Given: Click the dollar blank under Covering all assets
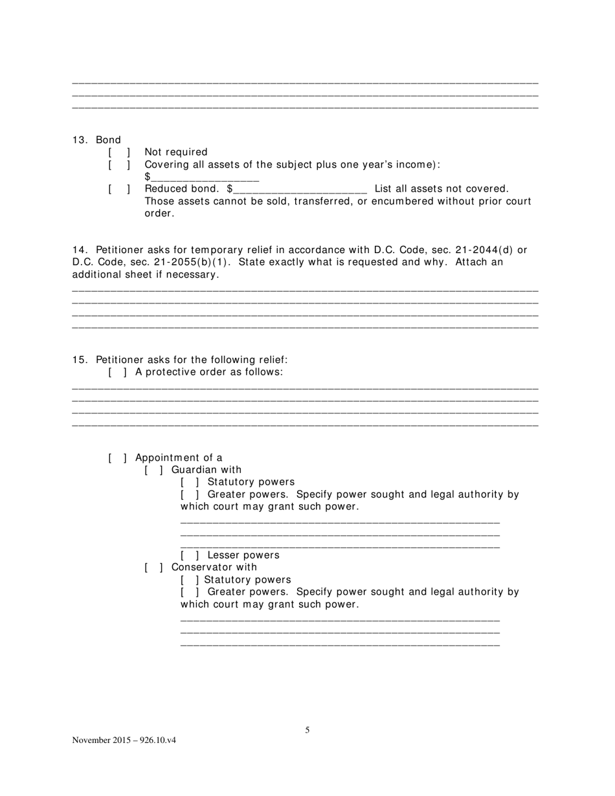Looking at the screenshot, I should (x=205, y=177).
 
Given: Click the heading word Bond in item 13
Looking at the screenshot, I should (x=108, y=140).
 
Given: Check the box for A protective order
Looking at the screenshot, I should (x=117, y=372).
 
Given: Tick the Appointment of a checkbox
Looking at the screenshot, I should (x=117, y=458).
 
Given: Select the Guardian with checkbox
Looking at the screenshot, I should (x=153, y=470).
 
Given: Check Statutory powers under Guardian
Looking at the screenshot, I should (x=190, y=482).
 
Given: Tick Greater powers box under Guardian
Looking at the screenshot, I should (x=190, y=494).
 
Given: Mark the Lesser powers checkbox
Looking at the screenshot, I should (x=190, y=555).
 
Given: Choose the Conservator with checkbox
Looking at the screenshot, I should (x=153, y=568).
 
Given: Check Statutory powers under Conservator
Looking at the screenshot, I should (x=189, y=580).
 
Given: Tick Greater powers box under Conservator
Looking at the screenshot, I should (x=190, y=592).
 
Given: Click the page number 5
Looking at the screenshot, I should (x=307, y=730).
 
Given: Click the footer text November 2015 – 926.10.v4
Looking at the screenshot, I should (x=124, y=740).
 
